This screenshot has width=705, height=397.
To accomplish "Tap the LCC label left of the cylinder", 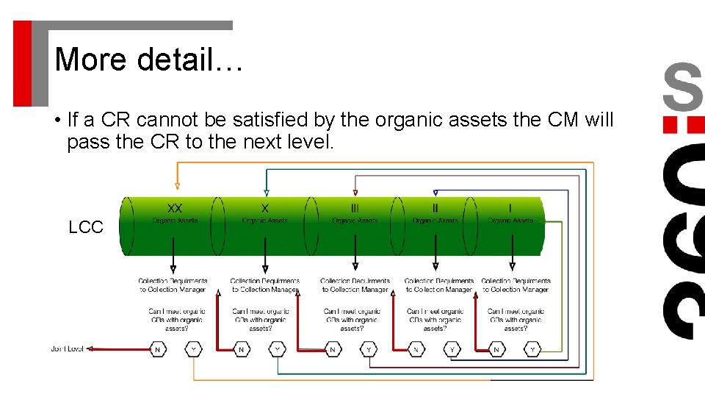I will (86, 228).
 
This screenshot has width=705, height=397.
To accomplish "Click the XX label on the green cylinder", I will (176, 209).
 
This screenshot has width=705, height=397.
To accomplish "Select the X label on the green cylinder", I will (265, 209).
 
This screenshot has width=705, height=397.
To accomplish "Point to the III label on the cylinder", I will (355, 209).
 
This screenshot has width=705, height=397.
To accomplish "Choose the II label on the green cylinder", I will (435, 209).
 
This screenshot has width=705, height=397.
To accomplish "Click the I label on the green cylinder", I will (511, 209).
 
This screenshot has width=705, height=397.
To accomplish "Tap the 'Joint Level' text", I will (67, 348).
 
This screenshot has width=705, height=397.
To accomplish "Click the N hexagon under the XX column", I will (158, 349).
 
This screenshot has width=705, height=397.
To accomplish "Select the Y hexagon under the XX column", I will (194, 349).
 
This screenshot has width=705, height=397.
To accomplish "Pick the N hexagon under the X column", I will (242, 349).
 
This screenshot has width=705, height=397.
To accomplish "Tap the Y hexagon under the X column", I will (278, 349).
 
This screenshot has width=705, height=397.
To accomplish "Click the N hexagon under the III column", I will (333, 349).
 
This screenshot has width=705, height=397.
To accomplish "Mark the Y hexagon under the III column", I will (369, 349).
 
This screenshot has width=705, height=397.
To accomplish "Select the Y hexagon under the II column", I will (452, 349).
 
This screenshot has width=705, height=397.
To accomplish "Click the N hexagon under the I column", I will (497, 349).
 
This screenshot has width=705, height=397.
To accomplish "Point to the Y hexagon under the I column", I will (533, 349).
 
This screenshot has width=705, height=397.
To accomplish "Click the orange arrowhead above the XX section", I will (176, 187).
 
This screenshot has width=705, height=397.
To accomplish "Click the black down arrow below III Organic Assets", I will (355, 267).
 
